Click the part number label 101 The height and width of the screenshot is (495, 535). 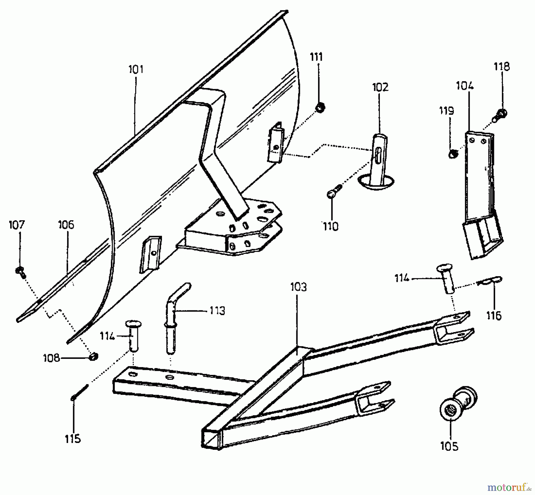tap(136, 69)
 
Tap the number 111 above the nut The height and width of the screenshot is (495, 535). tap(316, 56)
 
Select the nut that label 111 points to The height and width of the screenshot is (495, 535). tap(320, 108)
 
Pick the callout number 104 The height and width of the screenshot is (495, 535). tap(465, 86)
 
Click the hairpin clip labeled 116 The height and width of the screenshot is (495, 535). tap(492, 280)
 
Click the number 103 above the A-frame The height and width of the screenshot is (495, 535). tap(298, 287)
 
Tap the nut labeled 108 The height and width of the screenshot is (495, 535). tap(94, 356)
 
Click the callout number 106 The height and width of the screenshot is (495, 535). tap(66, 225)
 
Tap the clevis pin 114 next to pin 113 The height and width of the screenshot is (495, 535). tap(134, 336)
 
